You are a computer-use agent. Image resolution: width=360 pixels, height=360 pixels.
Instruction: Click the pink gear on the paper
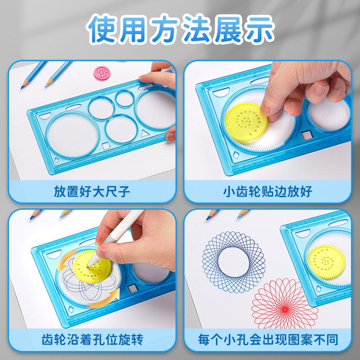[x=102, y=73]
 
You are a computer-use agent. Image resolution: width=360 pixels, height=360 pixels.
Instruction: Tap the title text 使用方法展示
[x=180, y=29]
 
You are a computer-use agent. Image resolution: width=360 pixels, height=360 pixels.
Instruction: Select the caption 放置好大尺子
[x=92, y=192]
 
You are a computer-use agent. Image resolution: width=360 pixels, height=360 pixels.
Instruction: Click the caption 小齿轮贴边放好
[x=267, y=192]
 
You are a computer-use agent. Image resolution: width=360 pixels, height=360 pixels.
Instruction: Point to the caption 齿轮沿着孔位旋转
[x=92, y=340]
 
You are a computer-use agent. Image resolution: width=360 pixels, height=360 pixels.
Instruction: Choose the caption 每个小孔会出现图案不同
[x=268, y=340]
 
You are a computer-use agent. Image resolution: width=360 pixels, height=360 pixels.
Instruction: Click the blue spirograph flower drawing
[x=234, y=262]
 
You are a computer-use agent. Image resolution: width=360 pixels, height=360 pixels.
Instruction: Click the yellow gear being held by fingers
[x=246, y=122]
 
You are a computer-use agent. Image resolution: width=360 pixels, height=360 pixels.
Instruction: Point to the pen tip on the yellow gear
[x=87, y=267]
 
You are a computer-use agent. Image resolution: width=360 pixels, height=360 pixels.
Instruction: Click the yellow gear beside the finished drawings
[x=327, y=262]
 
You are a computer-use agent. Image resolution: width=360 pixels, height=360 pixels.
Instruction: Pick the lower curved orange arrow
[x=106, y=299]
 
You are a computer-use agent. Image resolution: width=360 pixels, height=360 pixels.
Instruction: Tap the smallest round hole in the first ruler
[x=125, y=99]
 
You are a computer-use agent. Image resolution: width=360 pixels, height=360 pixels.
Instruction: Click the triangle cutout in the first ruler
[x=144, y=133]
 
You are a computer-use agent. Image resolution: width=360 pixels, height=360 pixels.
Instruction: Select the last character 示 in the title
[x=259, y=29]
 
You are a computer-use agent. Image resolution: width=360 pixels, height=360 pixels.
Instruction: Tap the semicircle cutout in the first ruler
[x=45, y=116]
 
